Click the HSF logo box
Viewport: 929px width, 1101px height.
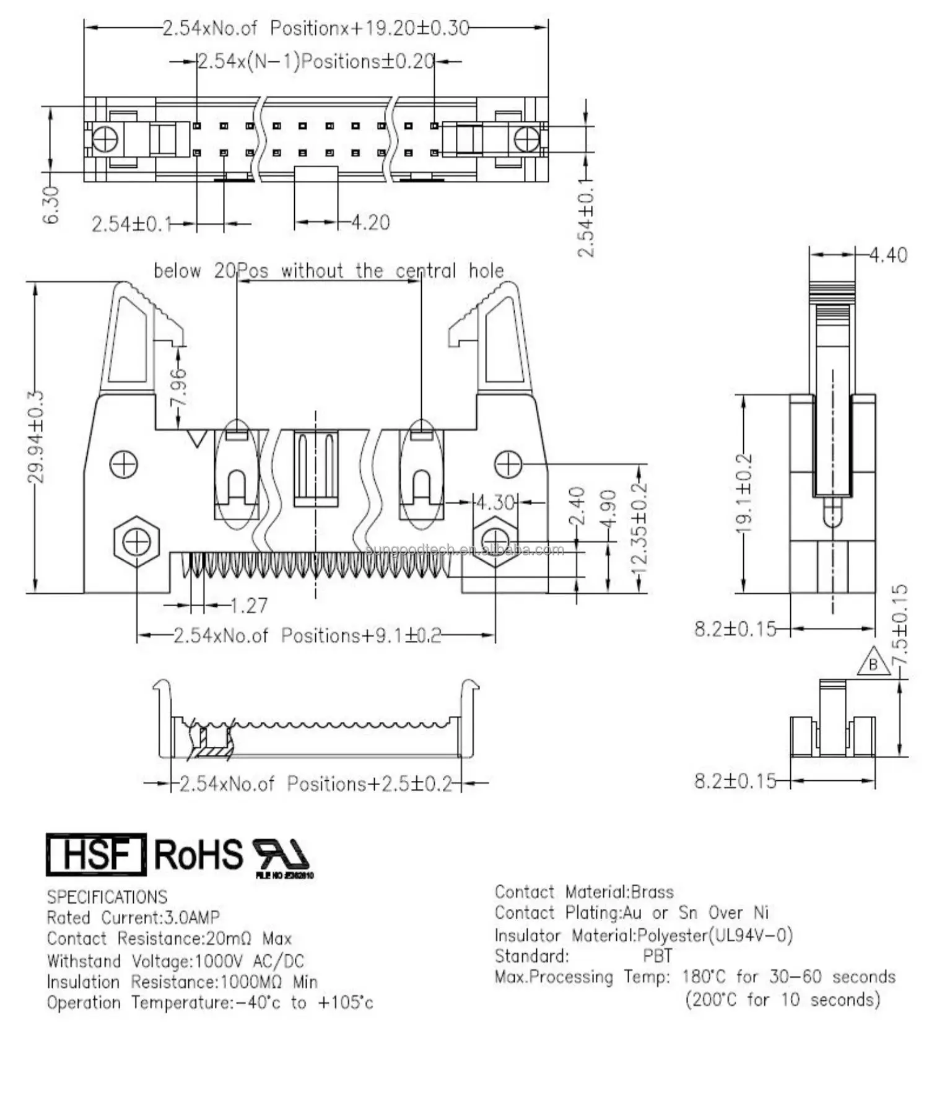[x=96, y=854]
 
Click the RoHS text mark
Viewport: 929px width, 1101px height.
[x=198, y=855]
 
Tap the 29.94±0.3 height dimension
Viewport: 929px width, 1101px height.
[x=36, y=437]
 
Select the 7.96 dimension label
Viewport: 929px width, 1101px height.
[x=178, y=387]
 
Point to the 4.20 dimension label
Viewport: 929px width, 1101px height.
[x=370, y=222]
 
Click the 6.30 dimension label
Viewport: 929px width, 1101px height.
[x=52, y=205]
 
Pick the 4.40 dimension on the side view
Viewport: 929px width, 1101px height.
[x=888, y=255]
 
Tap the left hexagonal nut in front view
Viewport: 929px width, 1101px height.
[x=137, y=542]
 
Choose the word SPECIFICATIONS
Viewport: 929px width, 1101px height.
[x=107, y=897]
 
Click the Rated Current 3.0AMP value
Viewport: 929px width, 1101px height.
[x=192, y=917]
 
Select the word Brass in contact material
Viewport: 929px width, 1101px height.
[x=652, y=892]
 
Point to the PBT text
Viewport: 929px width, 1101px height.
[x=657, y=955]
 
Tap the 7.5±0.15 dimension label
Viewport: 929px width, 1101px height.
[x=901, y=624]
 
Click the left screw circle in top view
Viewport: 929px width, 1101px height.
[x=105, y=139]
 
